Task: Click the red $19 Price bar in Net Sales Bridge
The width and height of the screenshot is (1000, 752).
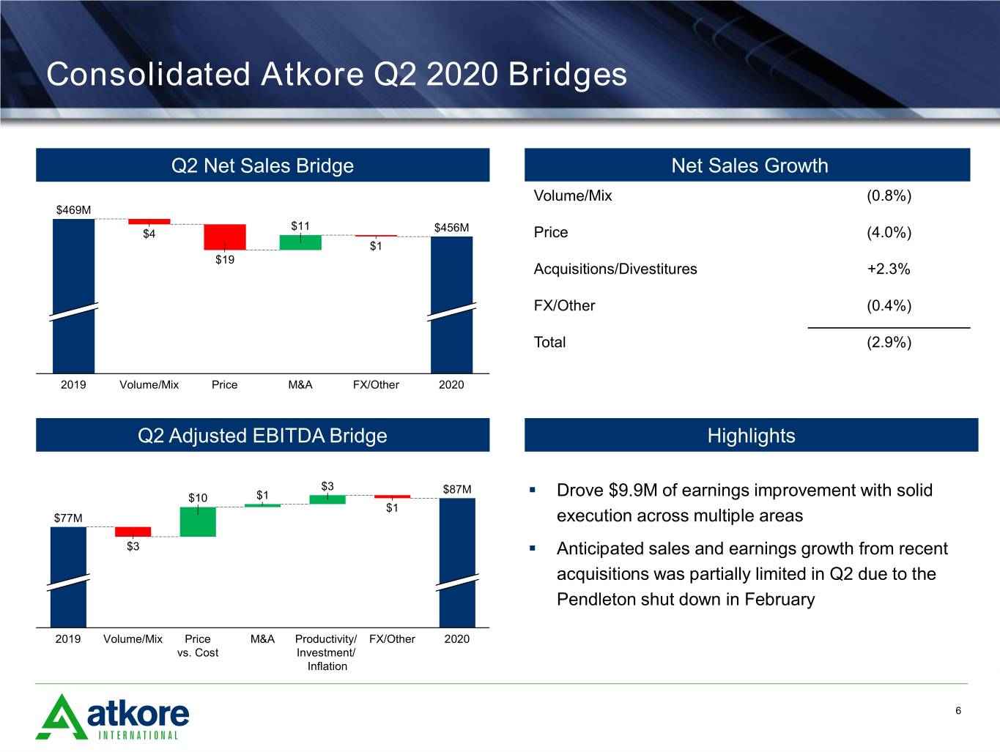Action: click(x=225, y=237)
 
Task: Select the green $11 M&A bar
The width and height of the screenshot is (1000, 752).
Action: click(x=300, y=242)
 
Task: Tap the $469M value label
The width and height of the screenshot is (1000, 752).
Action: click(x=73, y=210)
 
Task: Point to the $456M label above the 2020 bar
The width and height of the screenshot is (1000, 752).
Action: click(x=451, y=228)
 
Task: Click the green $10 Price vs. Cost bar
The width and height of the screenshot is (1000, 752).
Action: click(x=198, y=521)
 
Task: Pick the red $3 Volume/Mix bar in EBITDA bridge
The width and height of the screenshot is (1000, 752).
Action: click(x=133, y=532)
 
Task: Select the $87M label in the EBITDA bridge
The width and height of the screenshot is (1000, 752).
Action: click(x=457, y=489)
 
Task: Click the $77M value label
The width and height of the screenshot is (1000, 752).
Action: click(x=68, y=518)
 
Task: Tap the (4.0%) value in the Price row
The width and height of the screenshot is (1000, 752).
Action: click(x=889, y=232)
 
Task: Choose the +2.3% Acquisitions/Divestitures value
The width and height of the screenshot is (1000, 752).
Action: click(x=889, y=269)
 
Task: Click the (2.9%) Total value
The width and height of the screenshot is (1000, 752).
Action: click(x=889, y=342)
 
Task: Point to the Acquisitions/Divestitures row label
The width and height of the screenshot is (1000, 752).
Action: click(x=615, y=269)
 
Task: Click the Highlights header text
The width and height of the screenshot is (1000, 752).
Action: click(x=751, y=436)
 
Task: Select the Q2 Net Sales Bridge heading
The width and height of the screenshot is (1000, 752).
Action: click(x=262, y=165)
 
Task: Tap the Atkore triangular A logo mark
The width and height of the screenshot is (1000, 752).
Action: click(x=62, y=717)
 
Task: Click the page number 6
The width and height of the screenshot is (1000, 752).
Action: click(x=958, y=710)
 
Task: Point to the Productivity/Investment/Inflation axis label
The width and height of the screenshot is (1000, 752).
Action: click(x=327, y=652)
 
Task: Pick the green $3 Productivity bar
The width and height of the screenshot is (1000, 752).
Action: click(x=327, y=499)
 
